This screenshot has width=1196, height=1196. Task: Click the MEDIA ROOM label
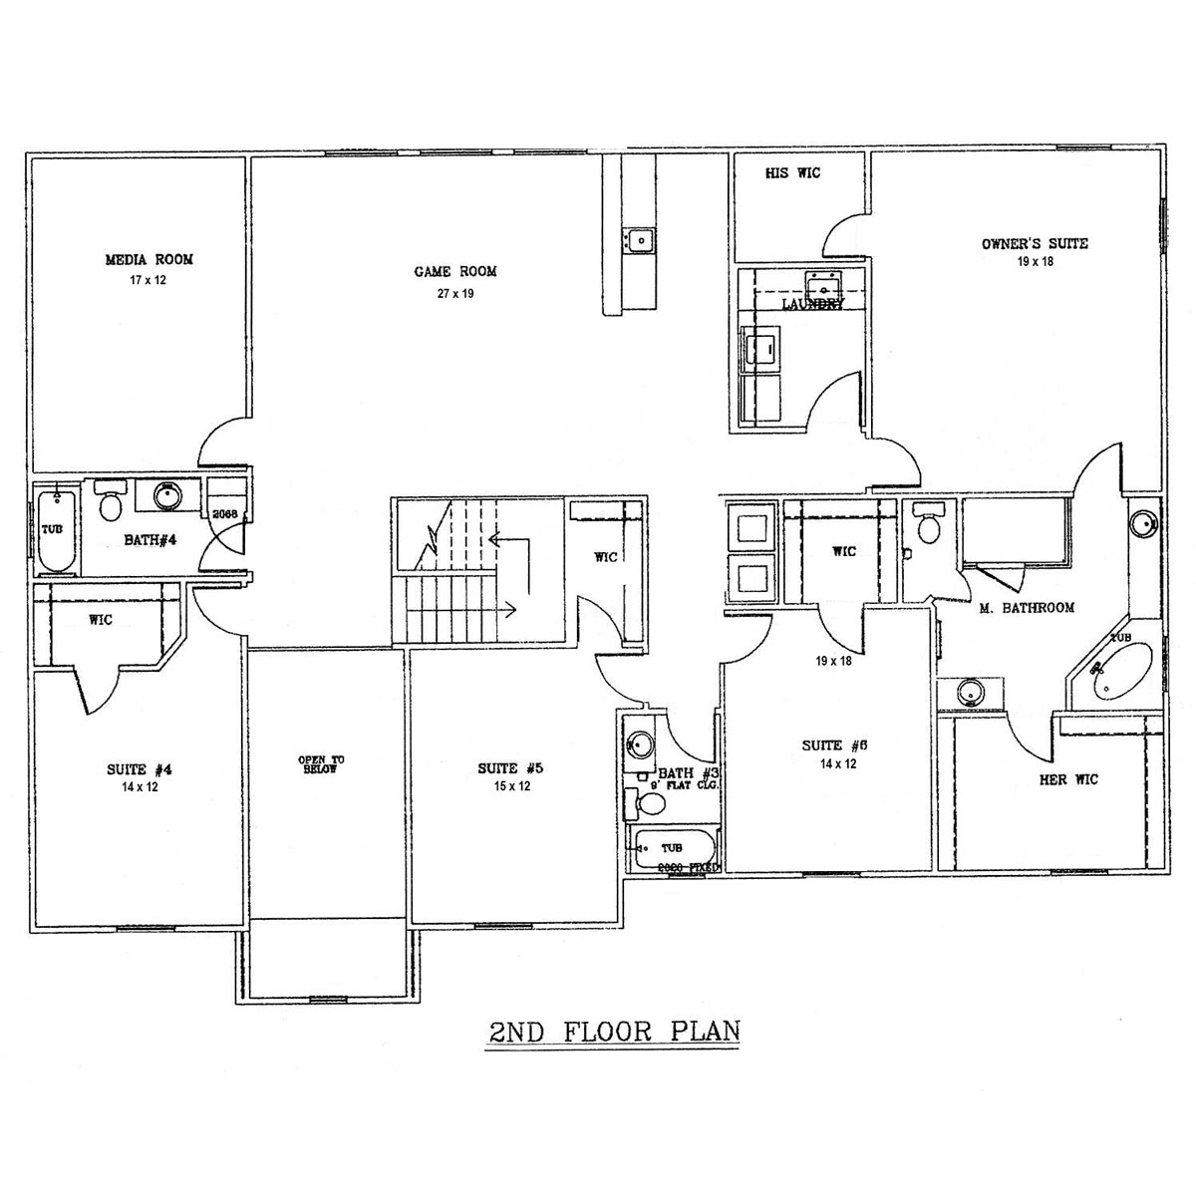pos(149,259)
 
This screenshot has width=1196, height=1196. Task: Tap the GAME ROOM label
pos(454,271)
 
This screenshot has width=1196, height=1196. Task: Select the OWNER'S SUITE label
pos(1035,243)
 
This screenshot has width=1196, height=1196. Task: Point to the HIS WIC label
pos(792,173)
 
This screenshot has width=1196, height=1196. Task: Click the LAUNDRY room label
pos(813,304)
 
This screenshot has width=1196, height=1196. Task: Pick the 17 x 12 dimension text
pos(148,281)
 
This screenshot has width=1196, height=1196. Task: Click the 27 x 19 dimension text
pos(454,294)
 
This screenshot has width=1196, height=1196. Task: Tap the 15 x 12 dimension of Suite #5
pos(509,786)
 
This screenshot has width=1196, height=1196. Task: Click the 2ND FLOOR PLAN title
pos(614,1030)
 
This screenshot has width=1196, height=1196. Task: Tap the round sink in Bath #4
pos(166,495)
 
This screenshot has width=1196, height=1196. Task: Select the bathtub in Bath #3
pos(674,850)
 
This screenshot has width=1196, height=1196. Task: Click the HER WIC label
pos(1068,779)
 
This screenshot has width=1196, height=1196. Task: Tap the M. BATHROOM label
pos(1026,607)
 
